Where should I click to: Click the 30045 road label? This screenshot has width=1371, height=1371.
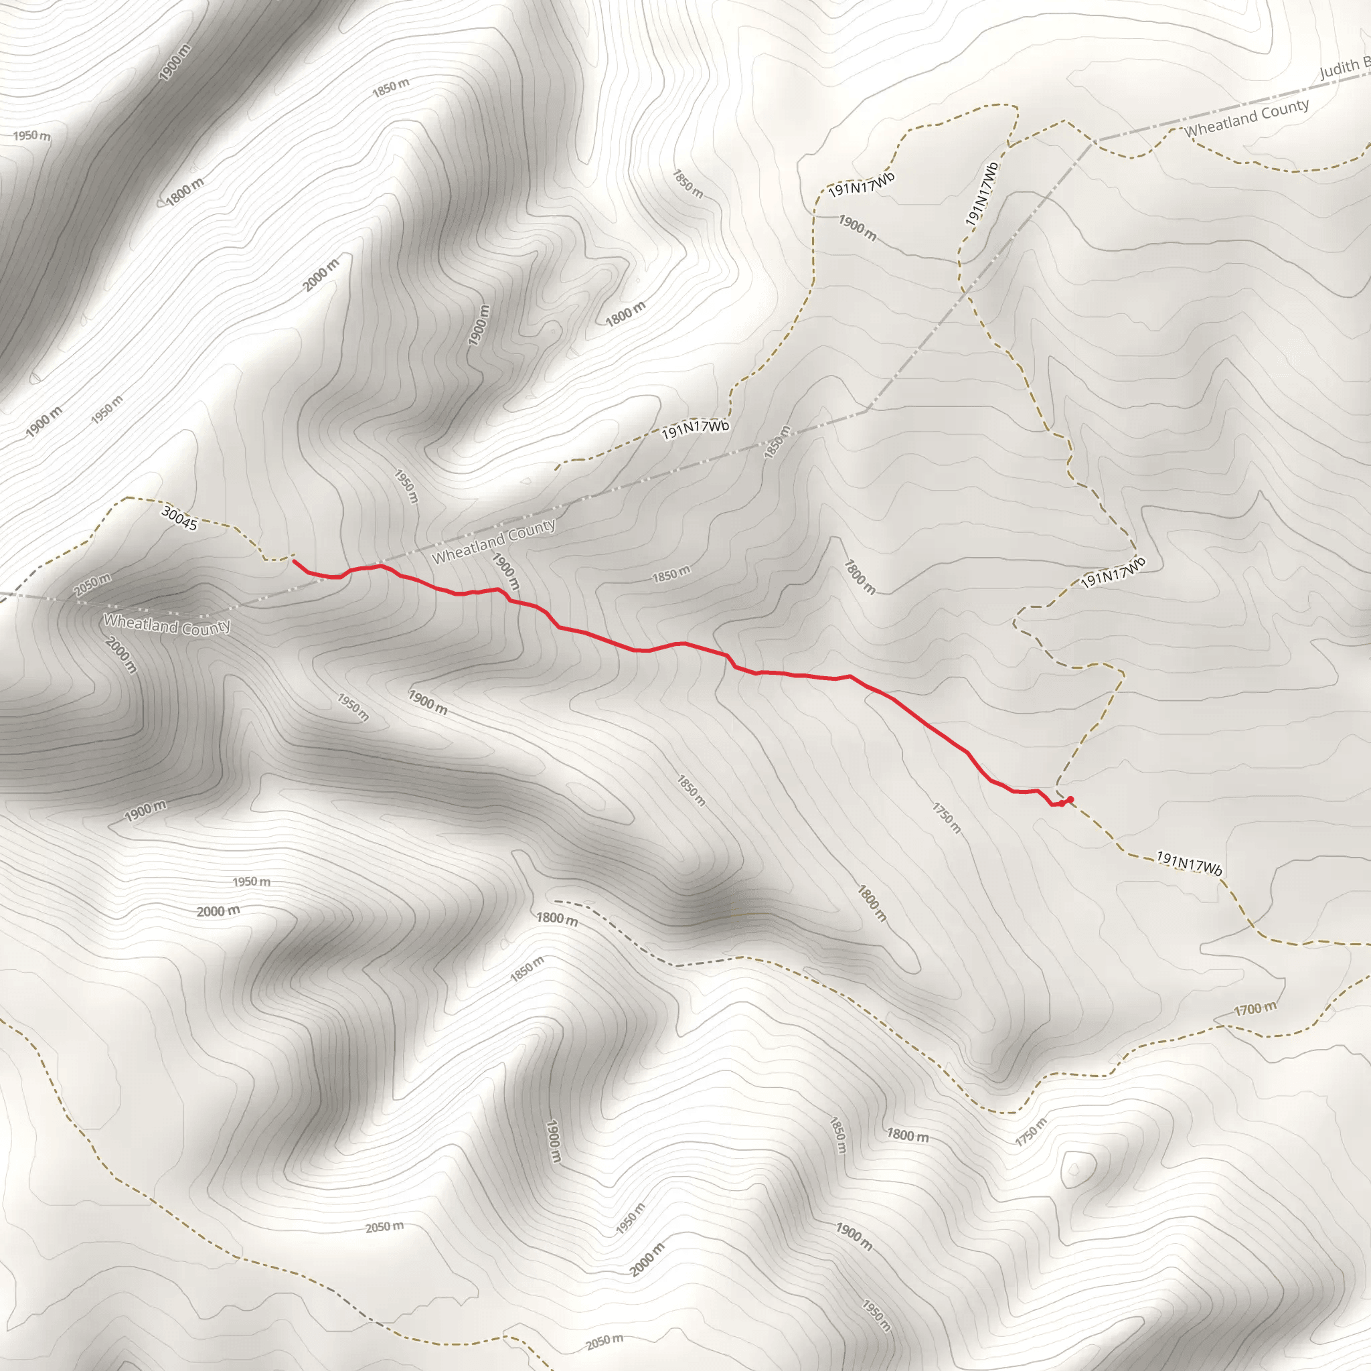(x=179, y=518)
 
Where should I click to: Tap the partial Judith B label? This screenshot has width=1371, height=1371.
(x=1344, y=69)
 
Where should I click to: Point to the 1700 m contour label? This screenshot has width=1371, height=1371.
(x=1254, y=1008)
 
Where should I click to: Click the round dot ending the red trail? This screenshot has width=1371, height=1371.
(x=1070, y=800)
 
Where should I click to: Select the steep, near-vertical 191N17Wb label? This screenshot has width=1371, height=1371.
(x=981, y=194)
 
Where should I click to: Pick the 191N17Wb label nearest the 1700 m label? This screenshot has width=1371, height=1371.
(x=1190, y=864)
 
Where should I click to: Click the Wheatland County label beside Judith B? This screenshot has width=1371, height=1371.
(x=1246, y=118)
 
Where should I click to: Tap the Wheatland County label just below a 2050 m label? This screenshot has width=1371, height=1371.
(x=167, y=625)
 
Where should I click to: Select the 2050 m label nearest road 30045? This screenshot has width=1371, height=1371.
(x=92, y=584)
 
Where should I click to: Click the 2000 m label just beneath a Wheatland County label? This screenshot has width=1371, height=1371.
(x=121, y=654)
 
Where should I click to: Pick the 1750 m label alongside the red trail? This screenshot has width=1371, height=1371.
(x=947, y=817)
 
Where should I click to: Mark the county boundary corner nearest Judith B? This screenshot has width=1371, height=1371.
(x=1092, y=141)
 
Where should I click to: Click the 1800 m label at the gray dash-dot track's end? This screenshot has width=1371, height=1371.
(x=556, y=918)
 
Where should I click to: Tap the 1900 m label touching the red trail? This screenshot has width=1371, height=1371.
(x=506, y=571)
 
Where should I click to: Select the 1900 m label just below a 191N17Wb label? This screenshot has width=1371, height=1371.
(x=858, y=226)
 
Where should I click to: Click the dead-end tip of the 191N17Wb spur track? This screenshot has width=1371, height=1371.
(x=556, y=469)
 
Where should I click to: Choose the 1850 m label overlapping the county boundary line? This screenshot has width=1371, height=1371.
(x=777, y=442)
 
